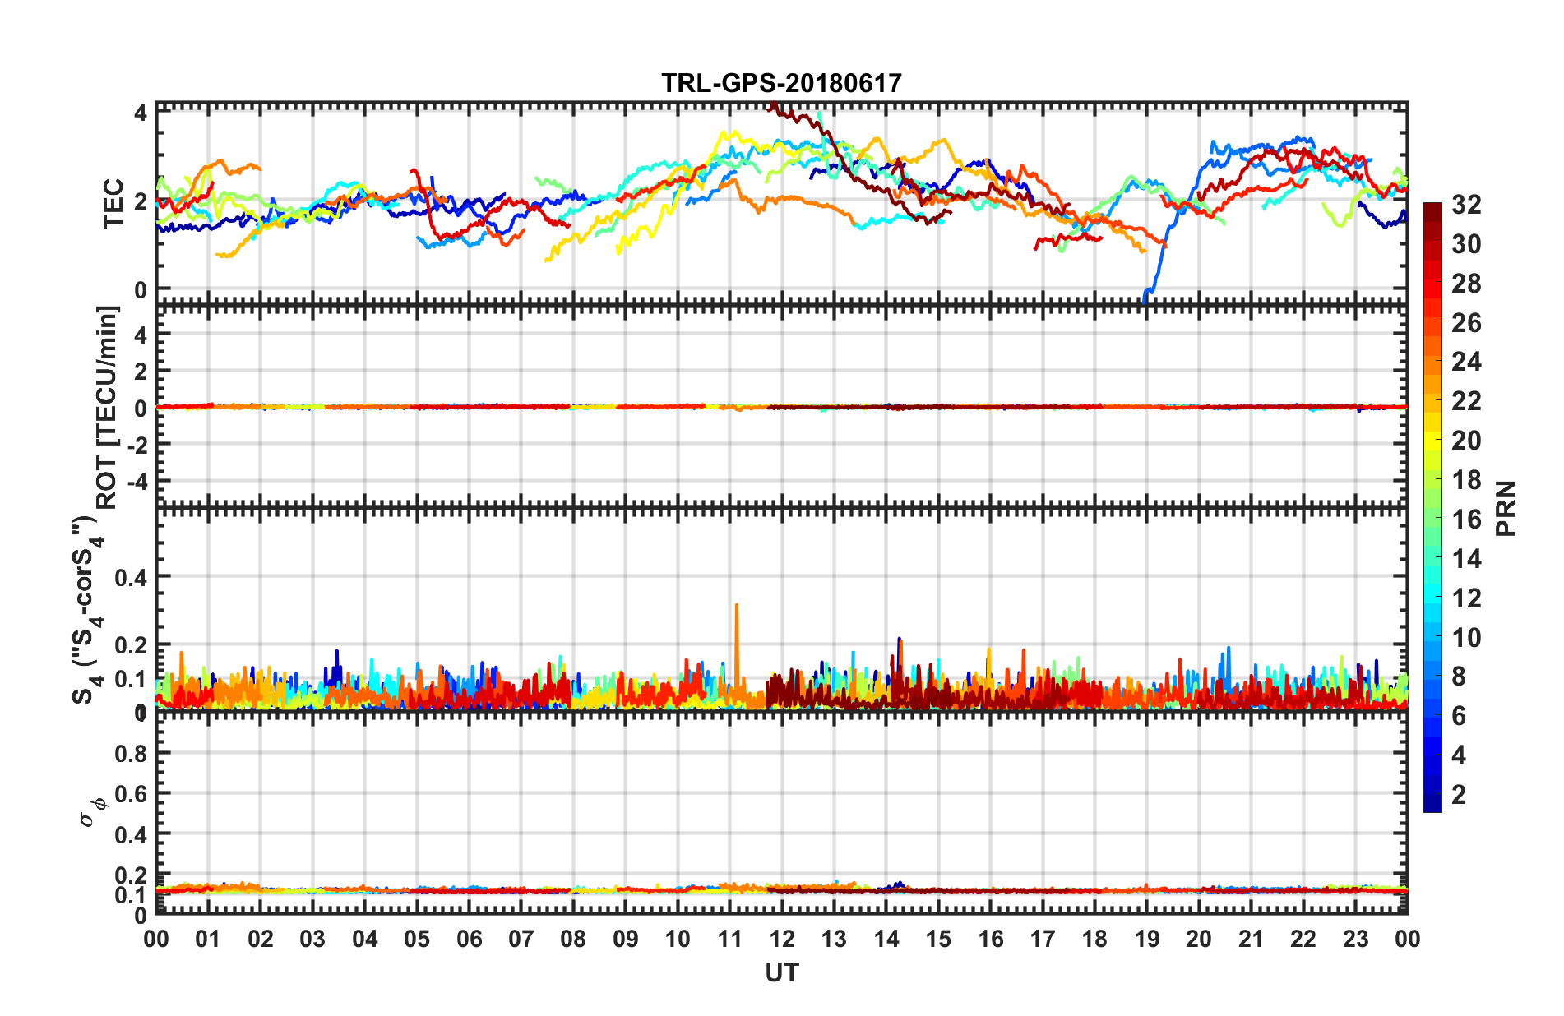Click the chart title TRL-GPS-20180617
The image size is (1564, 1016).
pyautogui.click(x=781, y=83)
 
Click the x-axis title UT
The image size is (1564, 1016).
pyautogui.click(x=781, y=972)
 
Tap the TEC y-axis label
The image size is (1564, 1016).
pyautogui.click(x=113, y=203)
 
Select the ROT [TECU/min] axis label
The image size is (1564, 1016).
pyautogui.click(x=108, y=407)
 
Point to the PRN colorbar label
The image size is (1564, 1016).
pyautogui.click(x=1506, y=508)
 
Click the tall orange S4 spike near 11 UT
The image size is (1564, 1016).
pyautogui.click(x=737, y=625)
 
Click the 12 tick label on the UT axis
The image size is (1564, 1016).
pyautogui.click(x=782, y=939)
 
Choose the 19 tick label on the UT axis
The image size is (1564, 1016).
pyautogui.click(x=1147, y=939)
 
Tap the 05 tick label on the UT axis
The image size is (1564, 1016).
pyautogui.click(x=417, y=939)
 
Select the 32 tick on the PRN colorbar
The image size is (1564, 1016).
pyautogui.click(x=1466, y=205)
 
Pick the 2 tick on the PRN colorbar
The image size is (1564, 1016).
pyautogui.click(x=1459, y=794)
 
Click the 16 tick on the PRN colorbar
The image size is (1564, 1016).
pyautogui.click(x=1466, y=520)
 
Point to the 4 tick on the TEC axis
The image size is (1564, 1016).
pyautogui.click(x=141, y=112)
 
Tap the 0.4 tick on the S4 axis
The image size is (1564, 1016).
pyautogui.click(x=131, y=577)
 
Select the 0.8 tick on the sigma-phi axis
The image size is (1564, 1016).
pyautogui.click(x=131, y=753)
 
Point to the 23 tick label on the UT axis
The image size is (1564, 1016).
pyautogui.click(x=1355, y=939)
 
